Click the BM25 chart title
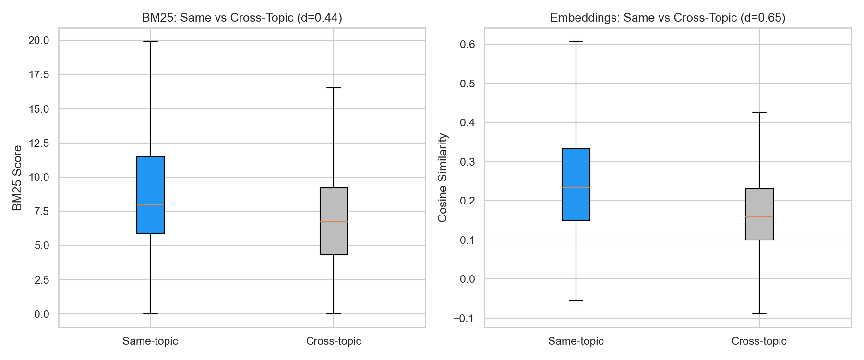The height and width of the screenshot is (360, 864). (x=242, y=18)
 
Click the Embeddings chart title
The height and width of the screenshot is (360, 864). (x=667, y=18)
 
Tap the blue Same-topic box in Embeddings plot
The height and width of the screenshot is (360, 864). (x=576, y=168)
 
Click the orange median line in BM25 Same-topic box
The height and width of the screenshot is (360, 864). (x=150, y=204)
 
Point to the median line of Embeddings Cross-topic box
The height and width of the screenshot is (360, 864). (x=759, y=217)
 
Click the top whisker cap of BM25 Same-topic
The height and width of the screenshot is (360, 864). (x=150, y=41)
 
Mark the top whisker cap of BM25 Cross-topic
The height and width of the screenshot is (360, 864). (x=334, y=88)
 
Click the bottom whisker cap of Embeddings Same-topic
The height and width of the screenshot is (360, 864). (x=576, y=301)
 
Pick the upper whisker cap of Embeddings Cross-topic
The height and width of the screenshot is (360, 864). (x=759, y=112)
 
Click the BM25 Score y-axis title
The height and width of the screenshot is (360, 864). (x=17, y=178)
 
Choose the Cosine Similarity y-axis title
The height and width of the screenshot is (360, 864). (x=443, y=178)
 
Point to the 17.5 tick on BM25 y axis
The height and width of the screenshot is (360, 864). (x=38, y=74)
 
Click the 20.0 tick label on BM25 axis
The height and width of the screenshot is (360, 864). (x=38, y=40)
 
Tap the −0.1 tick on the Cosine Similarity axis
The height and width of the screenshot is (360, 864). (x=464, y=318)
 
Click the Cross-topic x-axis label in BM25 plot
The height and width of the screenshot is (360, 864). (x=334, y=341)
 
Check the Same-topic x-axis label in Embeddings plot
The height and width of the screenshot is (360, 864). (x=576, y=341)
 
